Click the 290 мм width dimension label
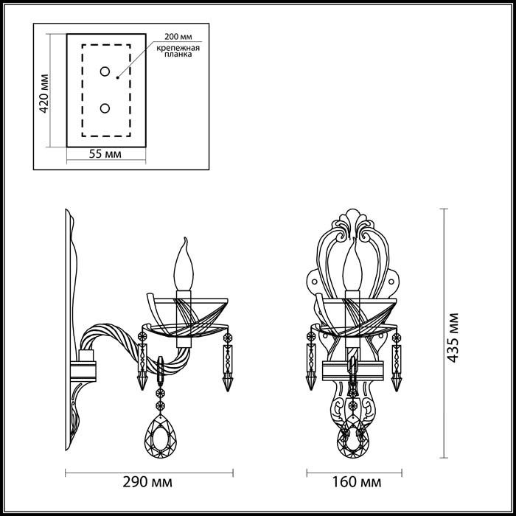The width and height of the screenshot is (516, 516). click(x=147, y=482)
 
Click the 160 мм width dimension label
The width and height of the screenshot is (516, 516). click(x=357, y=482)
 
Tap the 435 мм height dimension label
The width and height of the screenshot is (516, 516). click(x=453, y=338)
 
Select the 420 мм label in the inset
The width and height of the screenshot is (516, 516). click(x=43, y=94)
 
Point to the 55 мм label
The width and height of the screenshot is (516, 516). click(x=105, y=153)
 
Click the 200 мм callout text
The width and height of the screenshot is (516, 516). click(x=178, y=37)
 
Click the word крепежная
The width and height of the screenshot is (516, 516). click(x=178, y=49)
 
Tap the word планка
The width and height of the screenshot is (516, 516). click(x=178, y=55)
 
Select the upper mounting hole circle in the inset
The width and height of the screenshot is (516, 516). click(x=105, y=72)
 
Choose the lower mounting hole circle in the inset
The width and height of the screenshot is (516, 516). click(x=105, y=108)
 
